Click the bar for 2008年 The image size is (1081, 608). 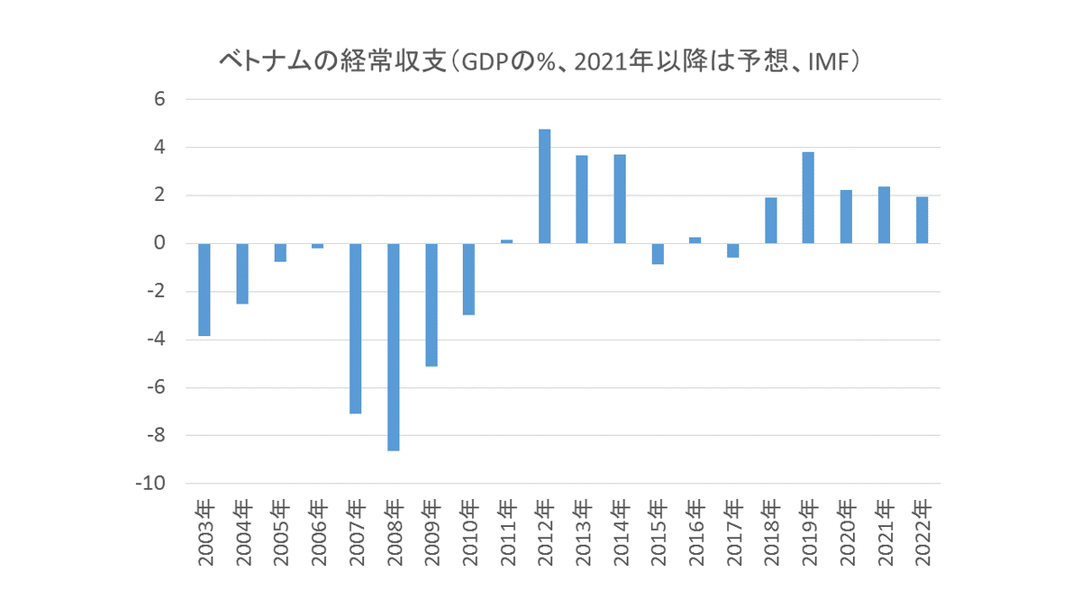pyautogui.click(x=393, y=347)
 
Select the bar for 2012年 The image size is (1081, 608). pyautogui.click(x=544, y=186)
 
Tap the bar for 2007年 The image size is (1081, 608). pyautogui.click(x=355, y=328)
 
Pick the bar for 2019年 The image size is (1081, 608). pyautogui.click(x=808, y=197)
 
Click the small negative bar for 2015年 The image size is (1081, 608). pyautogui.click(x=658, y=254)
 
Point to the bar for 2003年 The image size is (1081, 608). pyautogui.click(x=204, y=289)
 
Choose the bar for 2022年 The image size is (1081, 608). pyautogui.click(x=922, y=220)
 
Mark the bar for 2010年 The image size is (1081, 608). pyautogui.click(x=468, y=279)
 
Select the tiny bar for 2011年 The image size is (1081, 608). pyautogui.click(x=506, y=241)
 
